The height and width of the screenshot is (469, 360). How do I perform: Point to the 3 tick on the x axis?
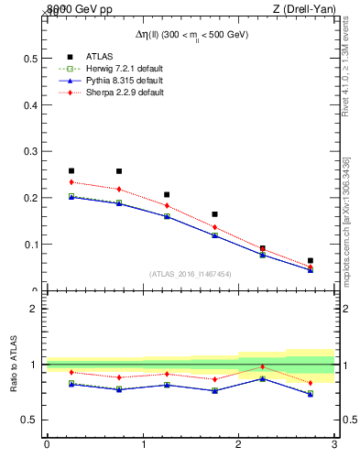(x=334, y=446)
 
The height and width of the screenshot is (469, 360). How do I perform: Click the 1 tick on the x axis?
(x=143, y=446)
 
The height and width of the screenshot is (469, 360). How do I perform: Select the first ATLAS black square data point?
(x=71, y=170)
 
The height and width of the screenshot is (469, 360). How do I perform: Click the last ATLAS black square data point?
(x=311, y=260)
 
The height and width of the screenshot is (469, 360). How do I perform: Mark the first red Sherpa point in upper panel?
(x=71, y=181)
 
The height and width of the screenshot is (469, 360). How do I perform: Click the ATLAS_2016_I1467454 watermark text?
(x=190, y=273)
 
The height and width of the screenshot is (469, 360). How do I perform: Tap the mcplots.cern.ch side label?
(x=346, y=220)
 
